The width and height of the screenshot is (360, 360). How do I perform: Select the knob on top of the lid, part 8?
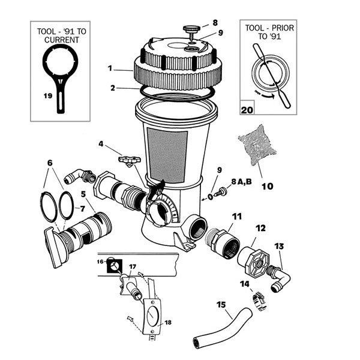click(x=190, y=27)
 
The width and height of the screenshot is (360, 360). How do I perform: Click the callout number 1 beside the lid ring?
click(x=110, y=68)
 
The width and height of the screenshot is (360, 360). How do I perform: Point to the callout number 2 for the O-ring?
click(x=112, y=88)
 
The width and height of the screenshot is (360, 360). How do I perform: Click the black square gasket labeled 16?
click(x=112, y=263)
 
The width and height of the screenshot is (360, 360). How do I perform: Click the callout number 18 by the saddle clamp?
click(x=168, y=323)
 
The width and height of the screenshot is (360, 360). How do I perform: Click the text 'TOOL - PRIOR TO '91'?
click(x=267, y=35)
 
